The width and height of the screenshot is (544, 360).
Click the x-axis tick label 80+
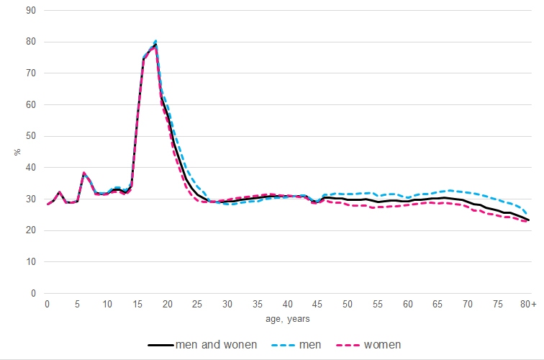(x=529, y=305)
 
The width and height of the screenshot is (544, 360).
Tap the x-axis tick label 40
(x=288, y=305)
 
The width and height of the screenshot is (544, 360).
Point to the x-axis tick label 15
(x=137, y=305)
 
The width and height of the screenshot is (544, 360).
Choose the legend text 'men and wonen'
(x=217, y=344)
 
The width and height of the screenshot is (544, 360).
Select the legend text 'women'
(x=383, y=344)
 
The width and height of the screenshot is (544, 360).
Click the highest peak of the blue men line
(x=155, y=41)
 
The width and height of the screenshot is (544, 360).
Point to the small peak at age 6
(x=83, y=173)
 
